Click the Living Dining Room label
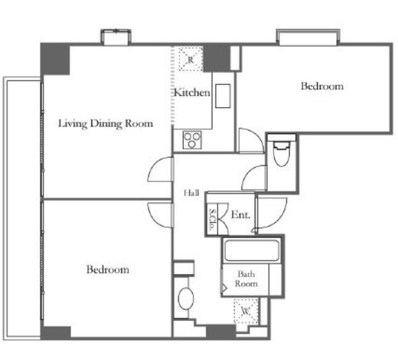(106, 123)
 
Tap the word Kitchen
(192, 92)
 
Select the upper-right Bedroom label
(322, 86)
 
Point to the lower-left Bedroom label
(108, 270)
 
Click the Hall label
(191, 193)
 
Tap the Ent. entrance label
(240, 214)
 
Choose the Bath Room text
(246, 279)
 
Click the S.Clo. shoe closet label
(212, 219)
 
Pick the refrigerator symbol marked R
(191, 59)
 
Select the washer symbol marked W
(246, 311)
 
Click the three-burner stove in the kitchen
(192, 140)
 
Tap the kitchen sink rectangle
(223, 96)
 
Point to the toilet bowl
(282, 154)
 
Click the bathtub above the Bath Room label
(251, 250)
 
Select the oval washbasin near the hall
(186, 299)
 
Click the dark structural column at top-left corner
(55, 59)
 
